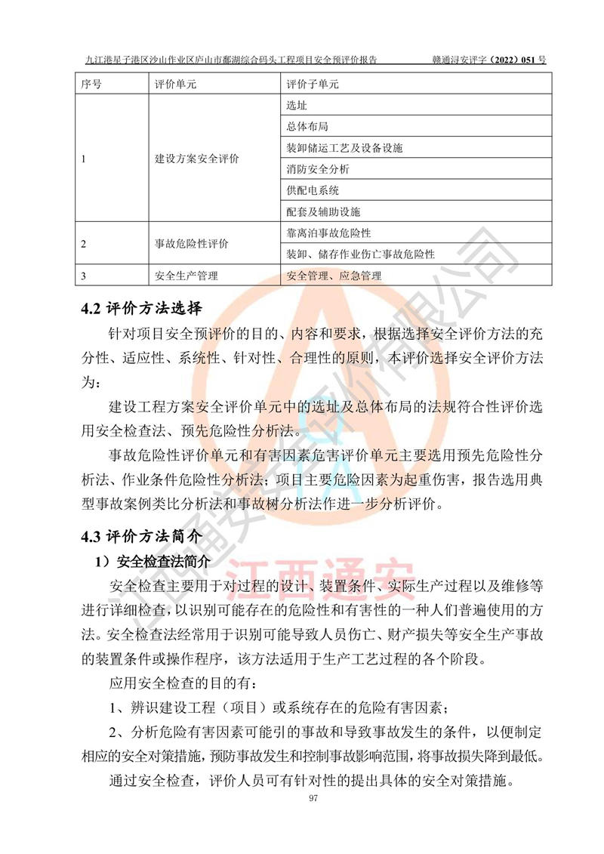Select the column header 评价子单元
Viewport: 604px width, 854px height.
313,84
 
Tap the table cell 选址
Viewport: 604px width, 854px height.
297,106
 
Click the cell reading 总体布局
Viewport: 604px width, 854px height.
307,127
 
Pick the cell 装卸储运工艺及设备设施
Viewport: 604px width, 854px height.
344,148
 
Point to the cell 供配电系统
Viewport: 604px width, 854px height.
313,190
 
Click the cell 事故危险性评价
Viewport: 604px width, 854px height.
191,244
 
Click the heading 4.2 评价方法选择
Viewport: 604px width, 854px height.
142,309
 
